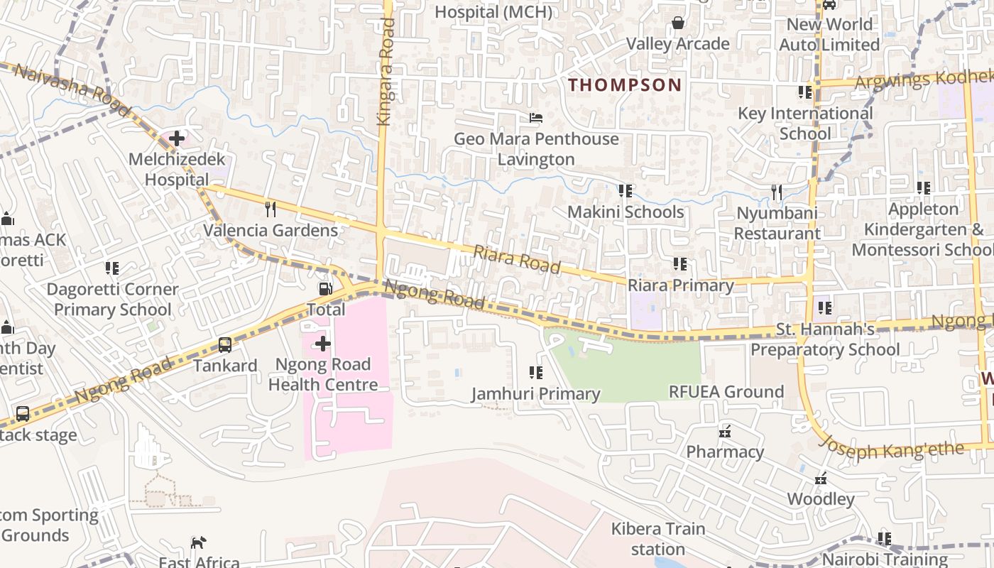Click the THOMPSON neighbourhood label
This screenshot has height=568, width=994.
coord(625,85)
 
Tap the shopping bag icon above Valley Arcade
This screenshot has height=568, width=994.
coord(678,23)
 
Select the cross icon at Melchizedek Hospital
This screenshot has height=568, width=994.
coord(177,138)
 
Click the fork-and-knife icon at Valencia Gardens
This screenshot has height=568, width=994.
coord(270,209)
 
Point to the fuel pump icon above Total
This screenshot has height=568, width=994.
coord(325,288)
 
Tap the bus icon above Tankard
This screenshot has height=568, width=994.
coord(225,345)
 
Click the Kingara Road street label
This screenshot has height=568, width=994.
coord(386,71)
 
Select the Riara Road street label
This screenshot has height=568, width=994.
coord(517,260)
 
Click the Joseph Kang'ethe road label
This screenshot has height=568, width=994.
coord(892,448)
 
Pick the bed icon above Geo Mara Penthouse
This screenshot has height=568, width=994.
coord(536,117)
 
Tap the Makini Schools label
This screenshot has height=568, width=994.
coord(625,212)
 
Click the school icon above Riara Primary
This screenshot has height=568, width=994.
coord(680,264)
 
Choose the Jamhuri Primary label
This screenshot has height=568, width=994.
coord(535,393)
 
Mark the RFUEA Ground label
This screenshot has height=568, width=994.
coord(726,391)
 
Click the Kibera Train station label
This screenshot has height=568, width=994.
coord(658,539)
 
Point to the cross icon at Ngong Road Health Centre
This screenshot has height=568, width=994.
coord(323,344)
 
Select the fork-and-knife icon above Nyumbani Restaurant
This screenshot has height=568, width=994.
coord(777,192)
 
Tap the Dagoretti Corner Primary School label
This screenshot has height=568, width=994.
coord(112,300)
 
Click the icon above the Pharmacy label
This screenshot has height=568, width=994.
coord(725,431)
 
